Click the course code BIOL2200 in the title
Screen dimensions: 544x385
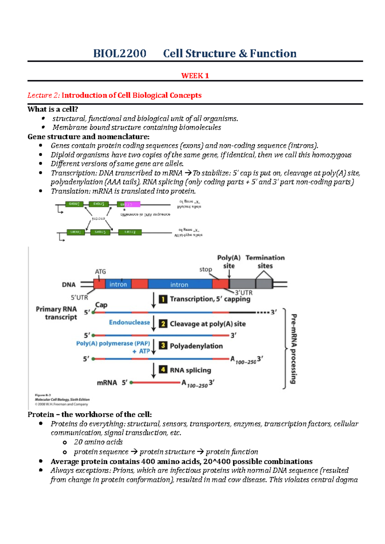coord(120,54)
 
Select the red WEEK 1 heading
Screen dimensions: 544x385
coord(195,76)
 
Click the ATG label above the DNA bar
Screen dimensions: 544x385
coord(100,271)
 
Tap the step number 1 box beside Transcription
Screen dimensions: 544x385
coord(163,299)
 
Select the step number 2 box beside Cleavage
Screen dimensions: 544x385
coord(163,324)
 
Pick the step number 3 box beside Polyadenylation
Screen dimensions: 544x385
coord(163,346)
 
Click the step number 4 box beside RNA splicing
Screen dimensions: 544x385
coord(163,370)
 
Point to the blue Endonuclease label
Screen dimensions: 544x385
coord(129,322)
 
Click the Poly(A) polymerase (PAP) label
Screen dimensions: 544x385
coord(113,343)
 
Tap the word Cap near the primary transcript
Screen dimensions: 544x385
coord(101,305)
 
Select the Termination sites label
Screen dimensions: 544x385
coord(265,262)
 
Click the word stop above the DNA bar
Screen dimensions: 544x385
coord(206,269)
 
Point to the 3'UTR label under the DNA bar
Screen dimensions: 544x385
coord(244,293)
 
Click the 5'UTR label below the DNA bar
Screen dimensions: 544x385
coord(79,297)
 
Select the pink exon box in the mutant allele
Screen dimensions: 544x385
coord(129,204)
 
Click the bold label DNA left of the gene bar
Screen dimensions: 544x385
coord(69,284)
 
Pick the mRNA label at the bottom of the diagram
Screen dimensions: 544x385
coord(107,383)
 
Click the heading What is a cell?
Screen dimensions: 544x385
coord(53,109)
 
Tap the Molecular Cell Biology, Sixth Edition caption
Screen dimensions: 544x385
coord(62,400)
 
